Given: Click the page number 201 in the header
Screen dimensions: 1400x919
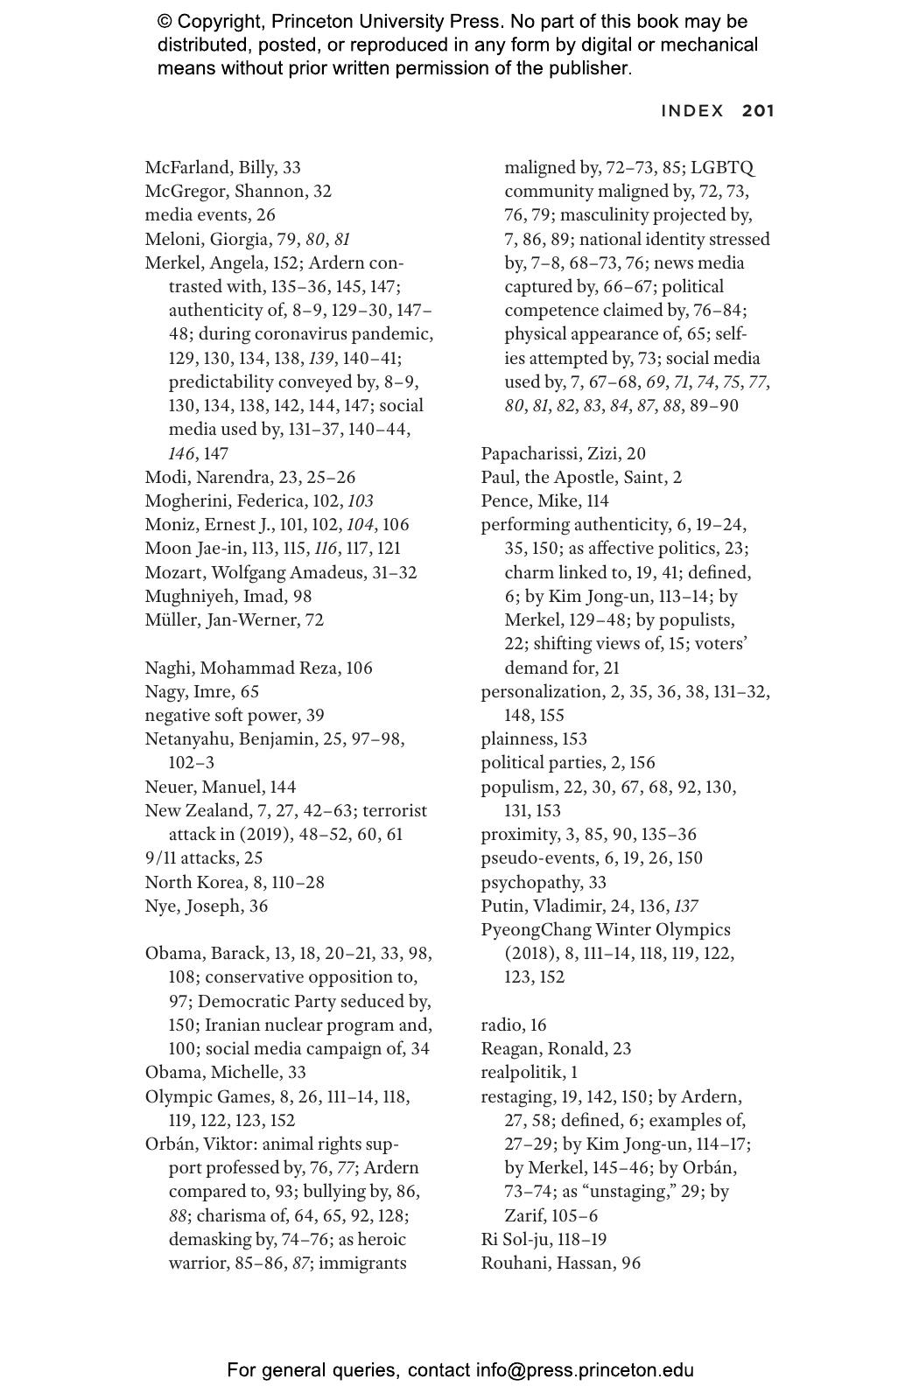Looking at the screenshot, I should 758,111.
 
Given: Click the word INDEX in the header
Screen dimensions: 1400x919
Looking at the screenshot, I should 692,111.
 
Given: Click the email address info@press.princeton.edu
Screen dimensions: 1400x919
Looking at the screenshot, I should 585,1370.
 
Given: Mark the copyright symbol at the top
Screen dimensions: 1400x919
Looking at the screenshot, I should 166,22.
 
